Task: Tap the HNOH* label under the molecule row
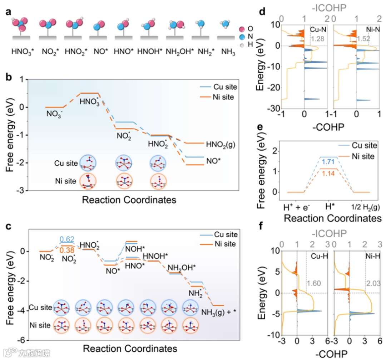coord(151,52)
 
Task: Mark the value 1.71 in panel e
coord(328,162)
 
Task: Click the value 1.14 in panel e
coord(328,174)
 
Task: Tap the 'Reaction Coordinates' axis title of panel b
coord(129,199)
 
